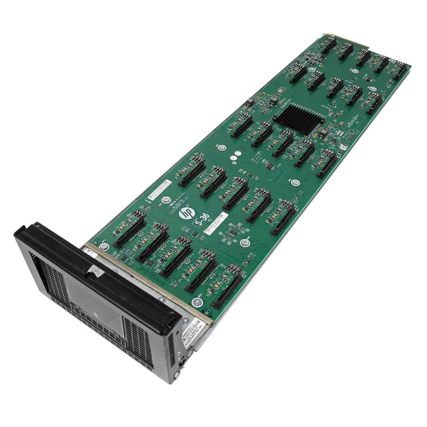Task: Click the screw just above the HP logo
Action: tap(165, 200)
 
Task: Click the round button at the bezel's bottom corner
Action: tap(183, 364)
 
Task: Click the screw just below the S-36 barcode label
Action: tap(244, 243)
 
